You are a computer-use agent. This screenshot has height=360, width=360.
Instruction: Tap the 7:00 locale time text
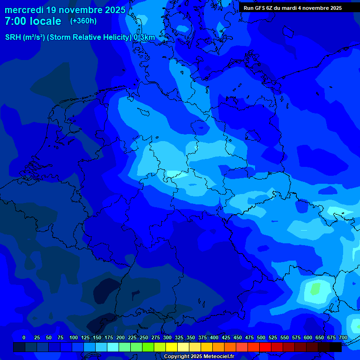click(x=33, y=21)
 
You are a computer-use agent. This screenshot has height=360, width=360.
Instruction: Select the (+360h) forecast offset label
click(x=83, y=21)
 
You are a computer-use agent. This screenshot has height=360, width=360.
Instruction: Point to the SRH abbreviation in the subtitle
click(x=13, y=37)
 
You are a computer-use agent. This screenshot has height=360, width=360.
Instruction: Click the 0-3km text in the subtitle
click(x=144, y=37)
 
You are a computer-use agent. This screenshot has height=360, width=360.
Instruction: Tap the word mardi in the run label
click(x=291, y=8)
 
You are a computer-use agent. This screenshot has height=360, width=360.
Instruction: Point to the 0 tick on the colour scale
click(x=24, y=337)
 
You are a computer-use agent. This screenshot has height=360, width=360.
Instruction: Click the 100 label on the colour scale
click(x=74, y=337)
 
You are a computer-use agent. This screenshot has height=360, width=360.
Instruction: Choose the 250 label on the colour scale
click(x=144, y=337)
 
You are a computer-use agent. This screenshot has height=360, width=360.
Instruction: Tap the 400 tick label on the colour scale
click(x=214, y=337)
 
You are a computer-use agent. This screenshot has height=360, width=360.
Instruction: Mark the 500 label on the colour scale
click(x=261, y=337)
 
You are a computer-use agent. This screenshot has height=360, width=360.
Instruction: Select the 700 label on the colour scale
click(x=343, y=337)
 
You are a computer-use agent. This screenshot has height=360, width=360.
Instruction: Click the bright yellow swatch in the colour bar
click(x=172, y=347)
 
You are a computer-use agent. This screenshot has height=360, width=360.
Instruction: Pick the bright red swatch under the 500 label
click(x=265, y=347)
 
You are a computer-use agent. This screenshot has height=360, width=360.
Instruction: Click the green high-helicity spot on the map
click(x=315, y=288)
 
